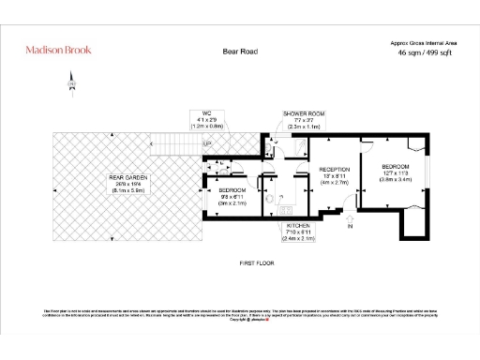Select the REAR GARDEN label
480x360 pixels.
click(x=128, y=176)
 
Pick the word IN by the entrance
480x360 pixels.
click(x=351, y=226)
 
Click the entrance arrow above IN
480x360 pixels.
click(x=351, y=215)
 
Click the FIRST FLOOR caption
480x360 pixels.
click(x=256, y=262)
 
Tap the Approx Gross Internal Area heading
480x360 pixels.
click(x=422, y=43)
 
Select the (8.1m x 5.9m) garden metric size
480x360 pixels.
click(x=128, y=189)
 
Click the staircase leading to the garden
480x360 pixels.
click(x=187, y=143)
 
